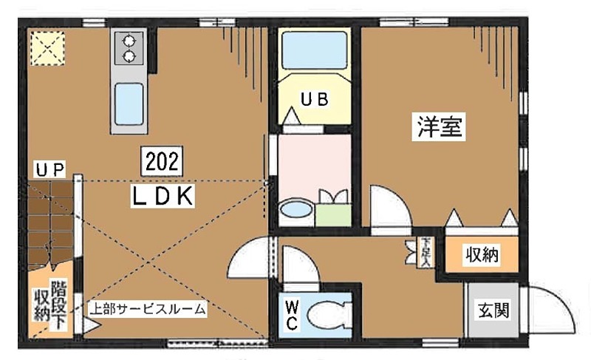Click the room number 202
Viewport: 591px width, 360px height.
(160, 160)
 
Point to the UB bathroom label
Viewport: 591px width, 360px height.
(313, 100)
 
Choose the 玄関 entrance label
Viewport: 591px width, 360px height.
(493, 310)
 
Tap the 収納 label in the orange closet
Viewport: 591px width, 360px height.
(482, 256)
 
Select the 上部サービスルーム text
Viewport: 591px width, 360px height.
(147, 309)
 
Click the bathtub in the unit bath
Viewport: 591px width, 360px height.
(314, 52)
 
